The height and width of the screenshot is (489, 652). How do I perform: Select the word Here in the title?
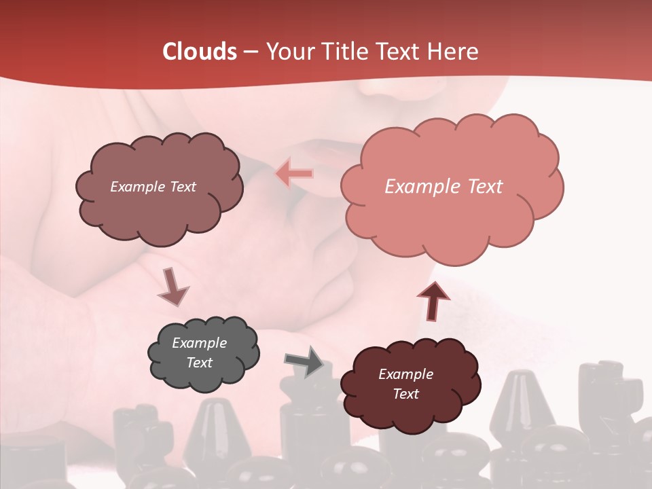click(x=454, y=52)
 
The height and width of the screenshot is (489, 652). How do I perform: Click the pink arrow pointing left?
click(x=294, y=173)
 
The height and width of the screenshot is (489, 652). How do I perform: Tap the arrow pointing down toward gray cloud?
click(x=173, y=286)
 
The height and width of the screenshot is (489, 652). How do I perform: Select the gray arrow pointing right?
click(x=304, y=361)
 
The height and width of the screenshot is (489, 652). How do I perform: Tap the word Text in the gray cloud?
click(x=200, y=363)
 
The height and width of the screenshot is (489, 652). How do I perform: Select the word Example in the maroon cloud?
click(x=405, y=374)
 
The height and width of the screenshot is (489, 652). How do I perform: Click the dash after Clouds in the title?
click(x=250, y=52)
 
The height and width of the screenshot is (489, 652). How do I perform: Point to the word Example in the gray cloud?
click(x=200, y=343)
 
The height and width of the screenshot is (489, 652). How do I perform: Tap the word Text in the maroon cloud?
click(x=405, y=394)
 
